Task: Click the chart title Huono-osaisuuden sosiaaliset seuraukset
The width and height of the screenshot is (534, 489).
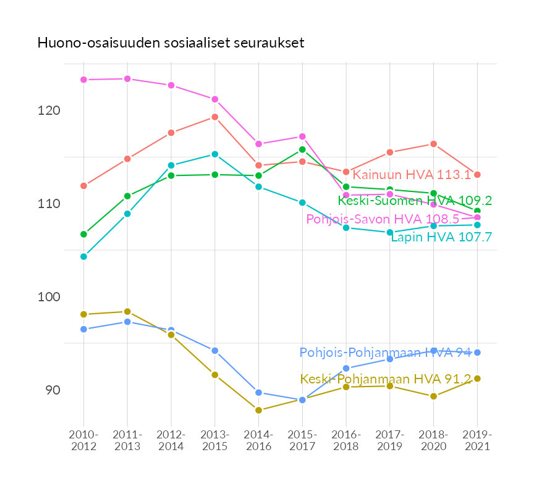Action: point(171,43)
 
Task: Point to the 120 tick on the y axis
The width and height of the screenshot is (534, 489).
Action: point(50,111)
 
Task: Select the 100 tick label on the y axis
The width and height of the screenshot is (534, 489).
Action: point(50,297)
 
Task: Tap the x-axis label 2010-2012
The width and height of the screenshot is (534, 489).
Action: point(83,441)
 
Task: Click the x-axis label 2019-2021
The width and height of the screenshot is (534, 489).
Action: point(477,441)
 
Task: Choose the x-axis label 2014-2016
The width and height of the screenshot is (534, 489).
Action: point(258,441)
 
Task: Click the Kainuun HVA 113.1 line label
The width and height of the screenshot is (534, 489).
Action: point(411,175)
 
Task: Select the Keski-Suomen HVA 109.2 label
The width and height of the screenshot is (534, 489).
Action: point(415,201)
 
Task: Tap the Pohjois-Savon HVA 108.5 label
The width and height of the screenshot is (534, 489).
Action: point(383,219)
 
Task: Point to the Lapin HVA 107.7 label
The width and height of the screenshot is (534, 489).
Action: point(441,237)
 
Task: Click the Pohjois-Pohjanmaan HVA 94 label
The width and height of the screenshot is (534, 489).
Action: point(385,353)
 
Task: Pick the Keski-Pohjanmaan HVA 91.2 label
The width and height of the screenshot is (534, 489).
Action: point(385,379)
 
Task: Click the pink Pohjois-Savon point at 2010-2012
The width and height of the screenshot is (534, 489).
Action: point(83,80)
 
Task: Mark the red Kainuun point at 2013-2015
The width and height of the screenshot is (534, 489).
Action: point(215,117)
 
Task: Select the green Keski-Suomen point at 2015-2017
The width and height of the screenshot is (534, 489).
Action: point(302,149)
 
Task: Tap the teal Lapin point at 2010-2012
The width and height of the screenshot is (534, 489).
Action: point(83,256)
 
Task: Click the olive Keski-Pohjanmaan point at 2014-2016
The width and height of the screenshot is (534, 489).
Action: point(258,410)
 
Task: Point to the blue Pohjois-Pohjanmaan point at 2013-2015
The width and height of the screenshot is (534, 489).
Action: point(215,351)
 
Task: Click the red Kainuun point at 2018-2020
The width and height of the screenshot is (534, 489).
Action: point(433,144)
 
